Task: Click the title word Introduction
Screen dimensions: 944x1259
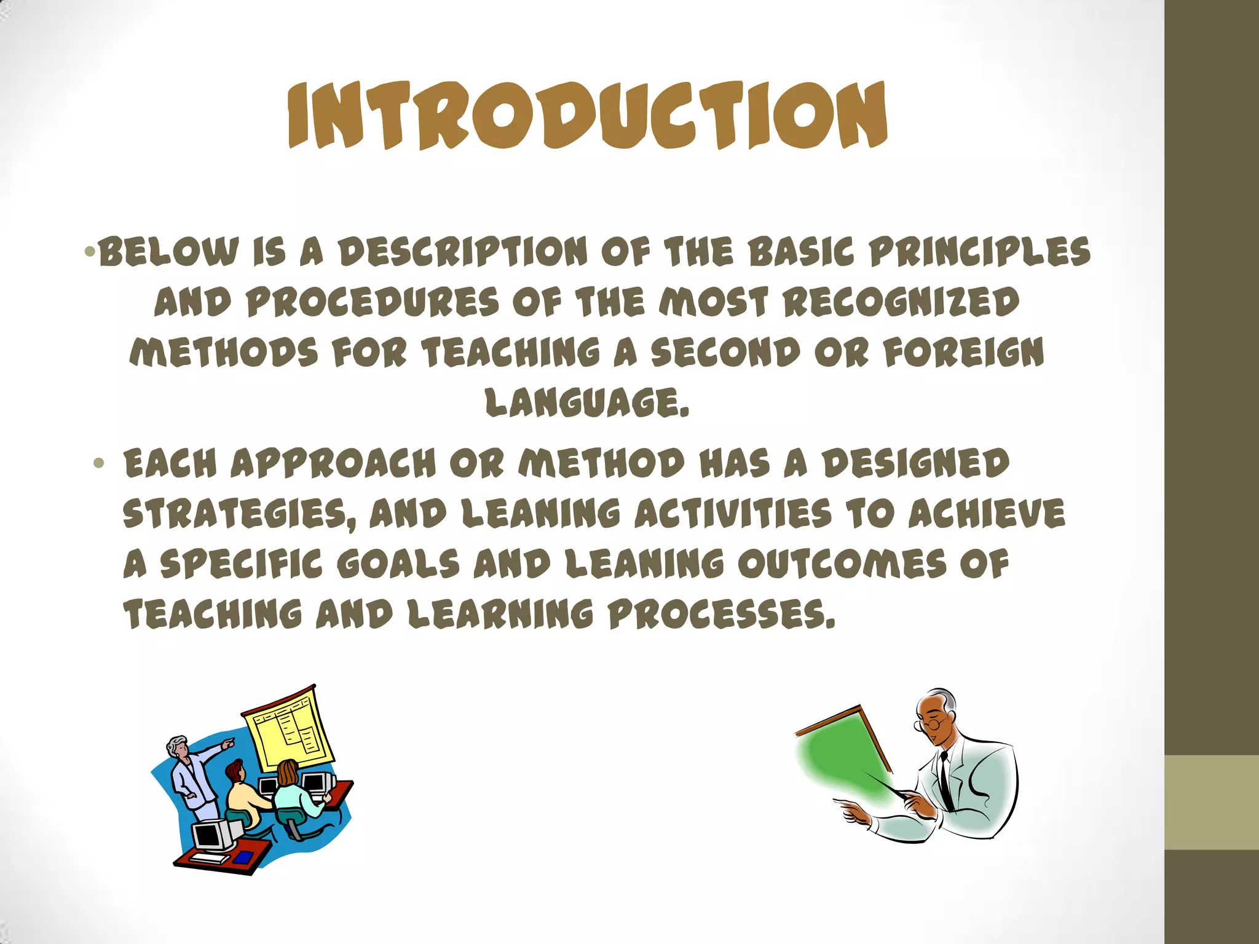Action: pyautogui.click(x=588, y=116)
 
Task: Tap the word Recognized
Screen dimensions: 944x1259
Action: pyautogui.click(x=901, y=302)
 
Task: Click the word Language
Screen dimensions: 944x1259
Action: pyautogui.click(x=586, y=403)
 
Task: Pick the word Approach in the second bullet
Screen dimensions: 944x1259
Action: pyautogui.click(x=333, y=463)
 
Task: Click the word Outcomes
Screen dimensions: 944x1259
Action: pyautogui.click(x=842, y=564)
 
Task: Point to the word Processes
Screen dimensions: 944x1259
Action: pyautogui.click(x=722, y=615)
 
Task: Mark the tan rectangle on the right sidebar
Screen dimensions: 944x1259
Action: pyautogui.click(x=1211, y=802)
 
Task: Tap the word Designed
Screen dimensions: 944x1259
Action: pyautogui.click(x=915, y=463)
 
